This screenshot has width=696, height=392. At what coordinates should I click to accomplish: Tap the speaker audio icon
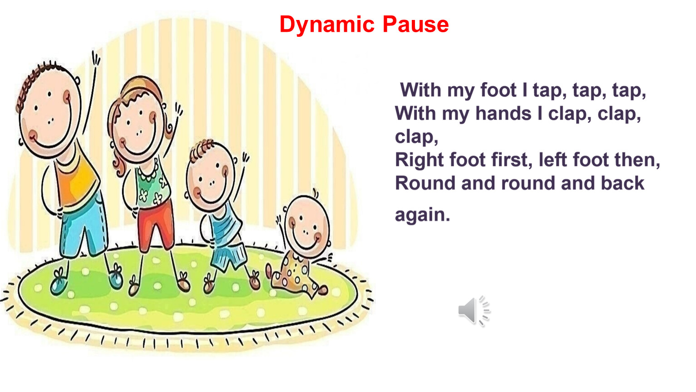click(x=474, y=311)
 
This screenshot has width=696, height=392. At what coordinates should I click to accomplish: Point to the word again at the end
click(x=422, y=215)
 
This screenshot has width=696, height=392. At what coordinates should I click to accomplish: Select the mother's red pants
click(x=155, y=225)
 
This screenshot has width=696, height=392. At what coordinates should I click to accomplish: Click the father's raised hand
click(x=96, y=59)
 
